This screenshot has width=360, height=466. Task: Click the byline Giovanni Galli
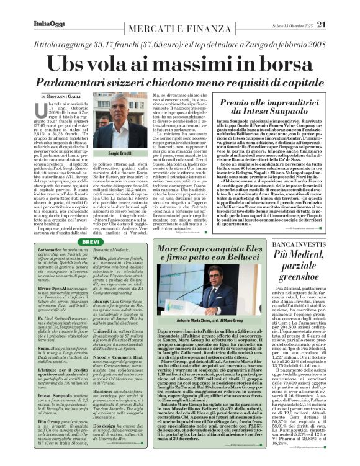coord(63,97)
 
